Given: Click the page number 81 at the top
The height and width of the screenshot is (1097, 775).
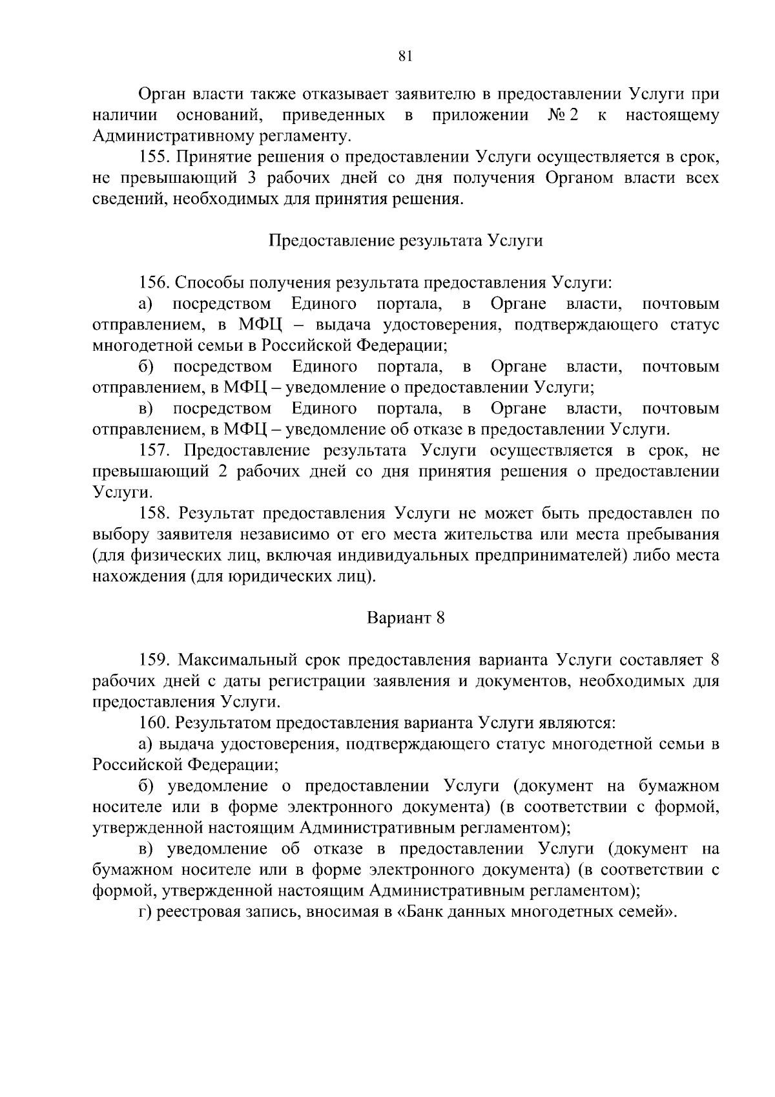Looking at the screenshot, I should click(405, 56).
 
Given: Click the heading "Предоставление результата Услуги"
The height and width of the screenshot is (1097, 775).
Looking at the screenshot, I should click(405, 241).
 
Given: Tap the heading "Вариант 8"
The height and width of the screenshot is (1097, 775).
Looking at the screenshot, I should click(406, 618).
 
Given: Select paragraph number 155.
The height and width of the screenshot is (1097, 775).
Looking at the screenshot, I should click(154, 157).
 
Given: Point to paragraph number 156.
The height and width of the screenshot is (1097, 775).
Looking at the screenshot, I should click(154, 282).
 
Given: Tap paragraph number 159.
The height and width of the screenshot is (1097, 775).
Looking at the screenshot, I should click(154, 660).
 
